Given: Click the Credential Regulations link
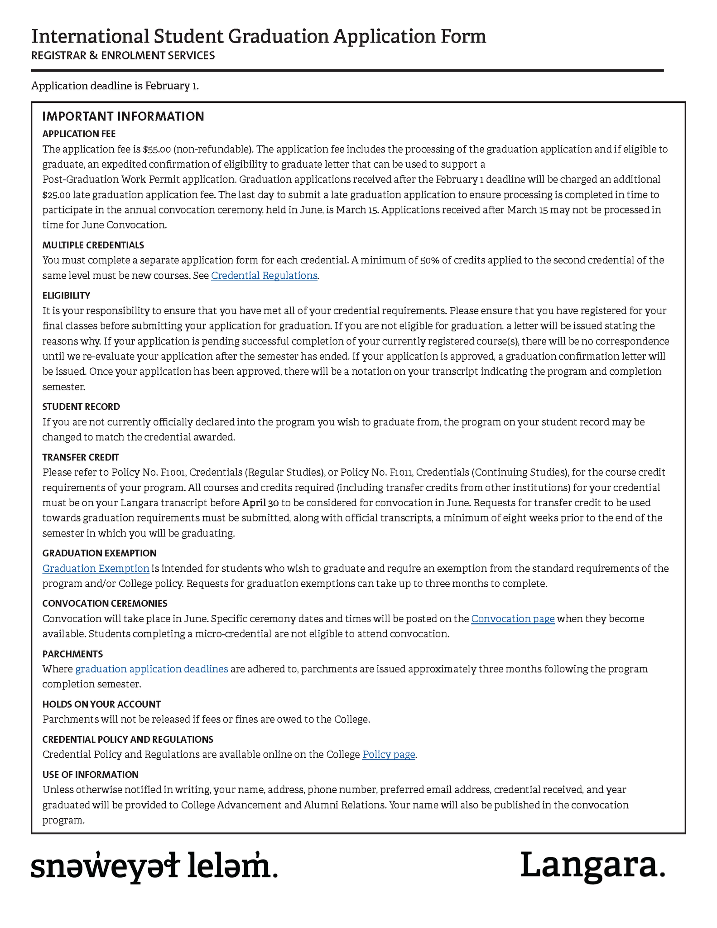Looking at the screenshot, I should click(264, 275).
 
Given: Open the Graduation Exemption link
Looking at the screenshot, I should click(96, 568).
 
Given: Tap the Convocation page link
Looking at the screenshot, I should click(513, 619).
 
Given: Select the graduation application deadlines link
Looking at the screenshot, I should click(151, 669).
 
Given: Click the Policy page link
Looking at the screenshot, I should click(389, 754).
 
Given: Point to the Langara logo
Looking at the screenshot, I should click(592, 866).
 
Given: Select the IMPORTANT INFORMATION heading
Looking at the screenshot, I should click(123, 116).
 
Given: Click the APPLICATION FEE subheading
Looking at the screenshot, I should click(79, 134).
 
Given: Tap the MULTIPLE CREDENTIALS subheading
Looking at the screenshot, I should click(93, 245).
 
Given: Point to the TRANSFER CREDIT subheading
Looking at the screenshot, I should click(81, 457).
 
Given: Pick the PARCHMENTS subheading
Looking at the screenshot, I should click(72, 654).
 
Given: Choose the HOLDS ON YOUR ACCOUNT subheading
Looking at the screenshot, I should click(101, 704).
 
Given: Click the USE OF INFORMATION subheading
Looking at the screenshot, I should click(90, 774).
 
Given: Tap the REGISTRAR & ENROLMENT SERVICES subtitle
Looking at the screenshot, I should click(123, 55).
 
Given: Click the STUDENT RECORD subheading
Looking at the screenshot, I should click(81, 407).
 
